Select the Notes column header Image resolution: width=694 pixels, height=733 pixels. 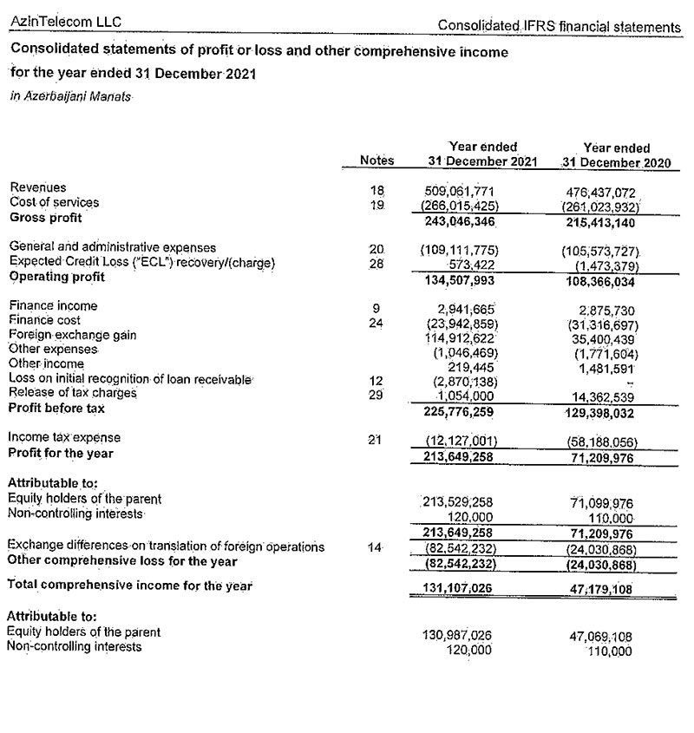tap(376, 160)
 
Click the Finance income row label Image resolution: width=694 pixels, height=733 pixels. tap(53, 305)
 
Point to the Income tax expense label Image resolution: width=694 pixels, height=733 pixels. tap(64, 437)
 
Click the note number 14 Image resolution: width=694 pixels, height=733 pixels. tap(376, 547)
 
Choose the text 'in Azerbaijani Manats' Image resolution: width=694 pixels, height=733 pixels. tap(70, 98)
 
